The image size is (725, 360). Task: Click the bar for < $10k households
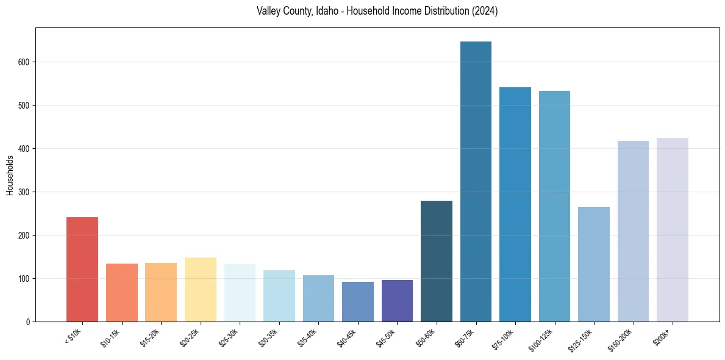pyautogui.click(x=82, y=269)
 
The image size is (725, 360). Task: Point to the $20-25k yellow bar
pyautogui.click(x=201, y=289)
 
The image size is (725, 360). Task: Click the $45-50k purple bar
pyautogui.click(x=397, y=301)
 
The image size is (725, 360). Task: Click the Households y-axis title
pyautogui.click(x=10, y=175)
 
